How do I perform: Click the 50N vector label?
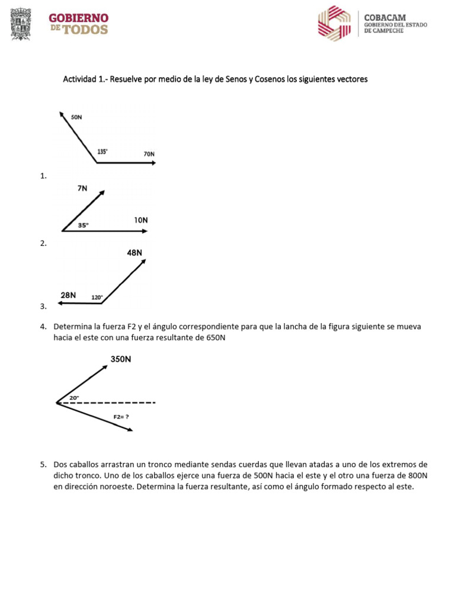pyautogui.click(x=76, y=117)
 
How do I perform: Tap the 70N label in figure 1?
pyautogui.click(x=149, y=154)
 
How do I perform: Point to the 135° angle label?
pyautogui.click(x=102, y=152)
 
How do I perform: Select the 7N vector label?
pyautogui.click(x=82, y=189)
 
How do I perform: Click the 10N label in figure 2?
pyautogui.click(x=140, y=220)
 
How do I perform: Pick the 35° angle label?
pyautogui.click(x=84, y=225)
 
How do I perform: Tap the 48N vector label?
pyautogui.click(x=134, y=253)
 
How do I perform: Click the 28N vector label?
pyautogui.click(x=68, y=295)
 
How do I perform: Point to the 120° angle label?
pyautogui.click(x=97, y=298)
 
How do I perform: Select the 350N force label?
pyautogui.click(x=121, y=359)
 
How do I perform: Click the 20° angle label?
pyautogui.click(x=74, y=398)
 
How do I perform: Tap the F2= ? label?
pyautogui.click(x=121, y=417)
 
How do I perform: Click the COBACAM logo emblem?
pyautogui.click(x=334, y=24)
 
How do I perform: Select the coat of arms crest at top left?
pyautogui.click(x=22, y=24)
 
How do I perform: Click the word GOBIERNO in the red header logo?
pyautogui.click(x=79, y=18)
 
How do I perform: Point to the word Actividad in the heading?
pyautogui.click(x=80, y=79)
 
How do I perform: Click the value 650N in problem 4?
pyautogui.click(x=214, y=338)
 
